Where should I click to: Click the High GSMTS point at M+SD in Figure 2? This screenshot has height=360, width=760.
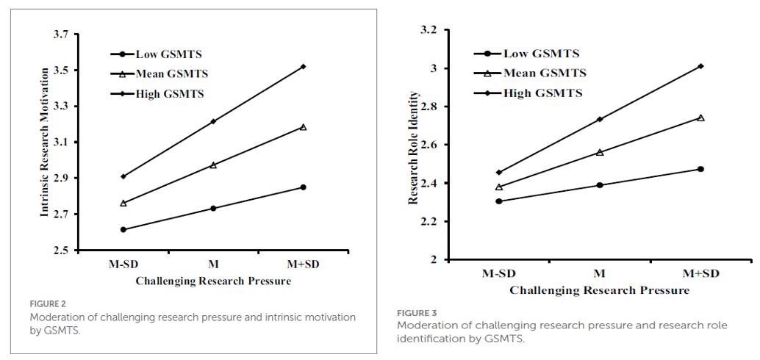click(304, 67)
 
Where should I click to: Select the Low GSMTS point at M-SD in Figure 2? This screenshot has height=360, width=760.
click(123, 229)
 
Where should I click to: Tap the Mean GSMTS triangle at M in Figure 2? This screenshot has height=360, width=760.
click(213, 165)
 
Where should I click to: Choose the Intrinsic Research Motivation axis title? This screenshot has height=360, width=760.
click(44, 142)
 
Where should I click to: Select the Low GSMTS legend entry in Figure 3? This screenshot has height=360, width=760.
click(542, 53)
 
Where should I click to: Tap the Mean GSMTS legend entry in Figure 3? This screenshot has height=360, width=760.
click(545, 73)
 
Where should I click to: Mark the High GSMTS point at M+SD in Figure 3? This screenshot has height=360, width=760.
click(700, 66)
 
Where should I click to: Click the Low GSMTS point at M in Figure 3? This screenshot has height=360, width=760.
click(600, 185)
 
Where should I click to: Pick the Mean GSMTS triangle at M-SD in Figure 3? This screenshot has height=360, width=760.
click(499, 187)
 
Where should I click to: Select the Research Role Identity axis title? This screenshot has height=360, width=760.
click(414, 147)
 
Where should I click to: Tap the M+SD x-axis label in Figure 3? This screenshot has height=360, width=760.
click(700, 273)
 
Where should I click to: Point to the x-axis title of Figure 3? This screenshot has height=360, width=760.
click(599, 289)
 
